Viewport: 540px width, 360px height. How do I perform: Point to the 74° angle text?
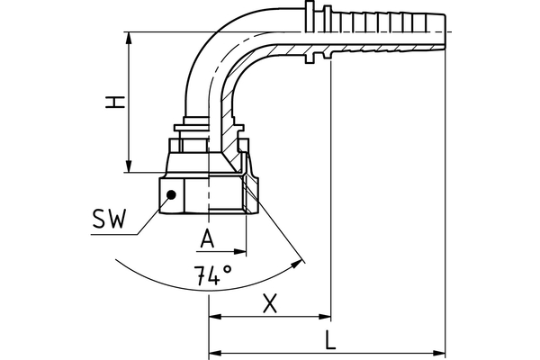pos(212,275)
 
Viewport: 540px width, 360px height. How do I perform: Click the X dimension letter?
pos(268,303)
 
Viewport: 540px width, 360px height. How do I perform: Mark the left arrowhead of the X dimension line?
pos(215,317)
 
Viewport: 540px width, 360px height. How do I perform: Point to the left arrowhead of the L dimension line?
pos(215,352)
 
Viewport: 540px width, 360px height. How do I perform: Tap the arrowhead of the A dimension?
pos(240,250)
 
